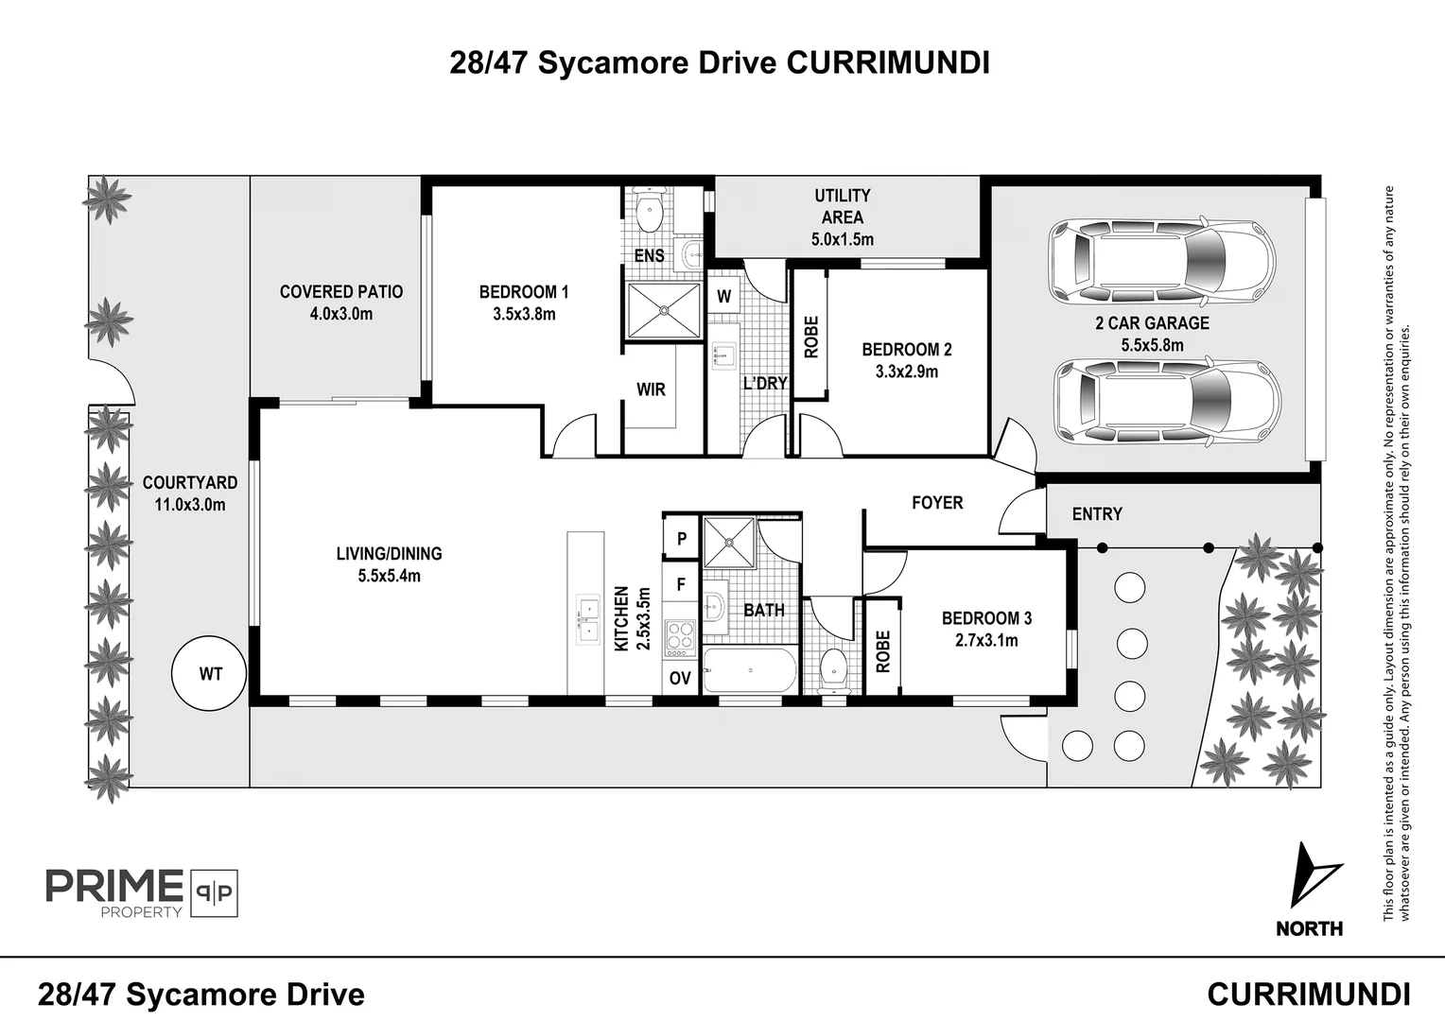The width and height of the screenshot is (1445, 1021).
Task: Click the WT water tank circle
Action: point(210,674)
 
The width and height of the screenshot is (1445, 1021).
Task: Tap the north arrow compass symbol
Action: point(1314,876)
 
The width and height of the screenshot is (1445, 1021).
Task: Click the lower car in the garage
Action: point(1167,400)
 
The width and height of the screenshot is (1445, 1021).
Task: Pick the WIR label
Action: point(651,389)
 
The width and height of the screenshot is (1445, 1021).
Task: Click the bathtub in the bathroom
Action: point(750,670)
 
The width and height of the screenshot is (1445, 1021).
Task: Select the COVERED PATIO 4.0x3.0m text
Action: point(341,303)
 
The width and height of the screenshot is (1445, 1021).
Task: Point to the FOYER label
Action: point(937,503)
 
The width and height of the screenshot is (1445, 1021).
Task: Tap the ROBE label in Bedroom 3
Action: point(883,651)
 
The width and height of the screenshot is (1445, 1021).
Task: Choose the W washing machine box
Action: point(724,296)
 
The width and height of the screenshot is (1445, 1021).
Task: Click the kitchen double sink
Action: point(586,618)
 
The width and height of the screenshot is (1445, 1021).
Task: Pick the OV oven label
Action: point(680,678)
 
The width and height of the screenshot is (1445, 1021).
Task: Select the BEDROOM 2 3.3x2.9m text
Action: point(907,360)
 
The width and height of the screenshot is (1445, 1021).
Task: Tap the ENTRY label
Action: point(1097,514)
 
